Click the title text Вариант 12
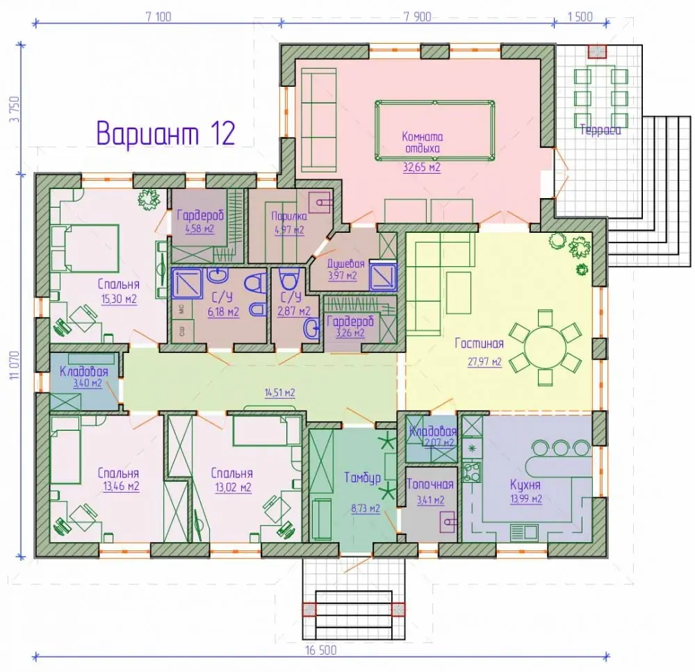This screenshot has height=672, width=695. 165,133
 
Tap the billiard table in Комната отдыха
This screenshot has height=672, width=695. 435,131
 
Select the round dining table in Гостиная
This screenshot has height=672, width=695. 545,347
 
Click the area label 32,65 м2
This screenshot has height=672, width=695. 422,167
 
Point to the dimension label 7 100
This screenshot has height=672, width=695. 158,17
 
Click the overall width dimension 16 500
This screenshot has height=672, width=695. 321,650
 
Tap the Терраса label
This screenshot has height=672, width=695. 600,131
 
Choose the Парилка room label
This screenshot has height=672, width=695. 289,216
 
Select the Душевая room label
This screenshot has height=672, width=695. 345,264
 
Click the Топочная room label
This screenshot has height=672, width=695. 430,484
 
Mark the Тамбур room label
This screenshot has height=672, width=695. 363,477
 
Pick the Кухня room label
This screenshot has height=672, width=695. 525,484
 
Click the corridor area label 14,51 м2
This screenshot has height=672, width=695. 279,393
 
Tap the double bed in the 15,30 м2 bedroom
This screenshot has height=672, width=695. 85,249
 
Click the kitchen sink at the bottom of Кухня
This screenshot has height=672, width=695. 524,531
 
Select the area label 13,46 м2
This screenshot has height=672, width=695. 121,486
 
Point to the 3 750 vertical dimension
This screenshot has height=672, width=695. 16,110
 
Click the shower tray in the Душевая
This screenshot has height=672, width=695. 383,276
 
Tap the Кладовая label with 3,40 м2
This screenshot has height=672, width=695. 84,371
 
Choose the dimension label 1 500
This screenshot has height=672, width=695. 580,17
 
